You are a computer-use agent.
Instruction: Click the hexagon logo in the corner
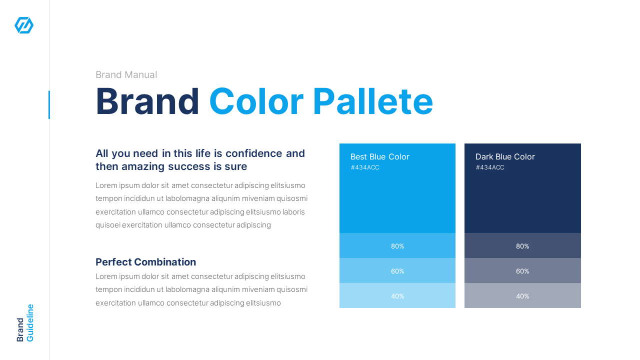(24, 25)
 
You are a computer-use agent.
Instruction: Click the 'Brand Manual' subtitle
(126, 75)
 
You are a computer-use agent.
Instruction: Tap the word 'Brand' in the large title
(147, 102)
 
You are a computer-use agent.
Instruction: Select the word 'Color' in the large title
(256, 102)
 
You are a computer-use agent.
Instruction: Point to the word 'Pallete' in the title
(372, 102)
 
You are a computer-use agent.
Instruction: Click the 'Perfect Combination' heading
(145, 262)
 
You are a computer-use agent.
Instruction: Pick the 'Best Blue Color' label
(379, 157)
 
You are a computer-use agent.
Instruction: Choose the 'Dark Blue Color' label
(505, 157)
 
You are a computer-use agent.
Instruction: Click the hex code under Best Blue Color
(365, 167)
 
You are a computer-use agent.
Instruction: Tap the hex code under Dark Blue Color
(490, 167)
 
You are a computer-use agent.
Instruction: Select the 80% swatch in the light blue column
(397, 246)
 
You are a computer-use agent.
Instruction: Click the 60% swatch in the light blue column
(397, 271)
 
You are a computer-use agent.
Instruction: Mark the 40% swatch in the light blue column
(397, 296)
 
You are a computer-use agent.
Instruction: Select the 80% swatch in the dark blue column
(522, 246)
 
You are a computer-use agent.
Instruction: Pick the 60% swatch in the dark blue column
(522, 271)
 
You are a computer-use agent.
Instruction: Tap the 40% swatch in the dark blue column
(522, 296)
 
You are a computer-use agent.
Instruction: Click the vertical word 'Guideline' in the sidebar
(30, 323)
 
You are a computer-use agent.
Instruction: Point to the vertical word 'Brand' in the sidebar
(20, 329)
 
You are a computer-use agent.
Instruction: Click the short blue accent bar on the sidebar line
(49, 105)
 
